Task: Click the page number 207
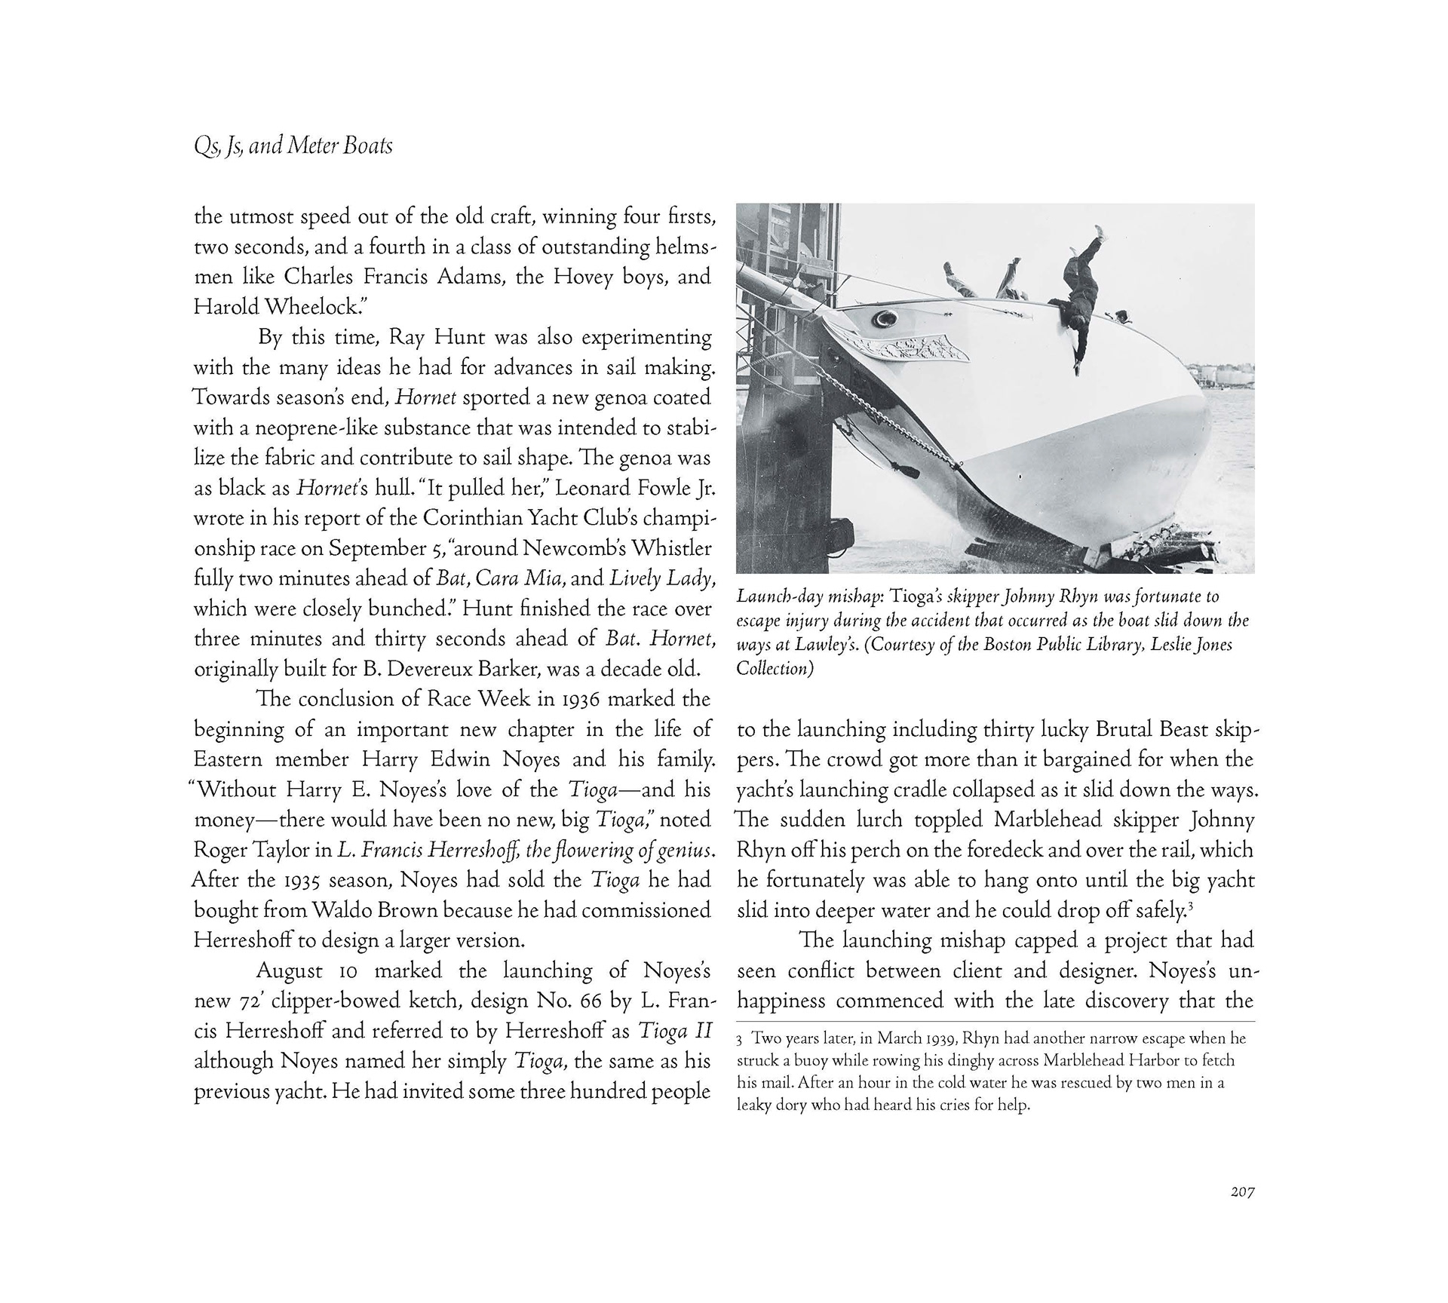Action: click(x=1242, y=1193)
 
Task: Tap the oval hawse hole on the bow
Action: click(x=881, y=320)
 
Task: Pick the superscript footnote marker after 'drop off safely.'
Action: click(x=1190, y=904)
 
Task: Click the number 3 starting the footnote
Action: click(x=741, y=1040)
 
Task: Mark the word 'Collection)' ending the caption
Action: click(x=775, y=670)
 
